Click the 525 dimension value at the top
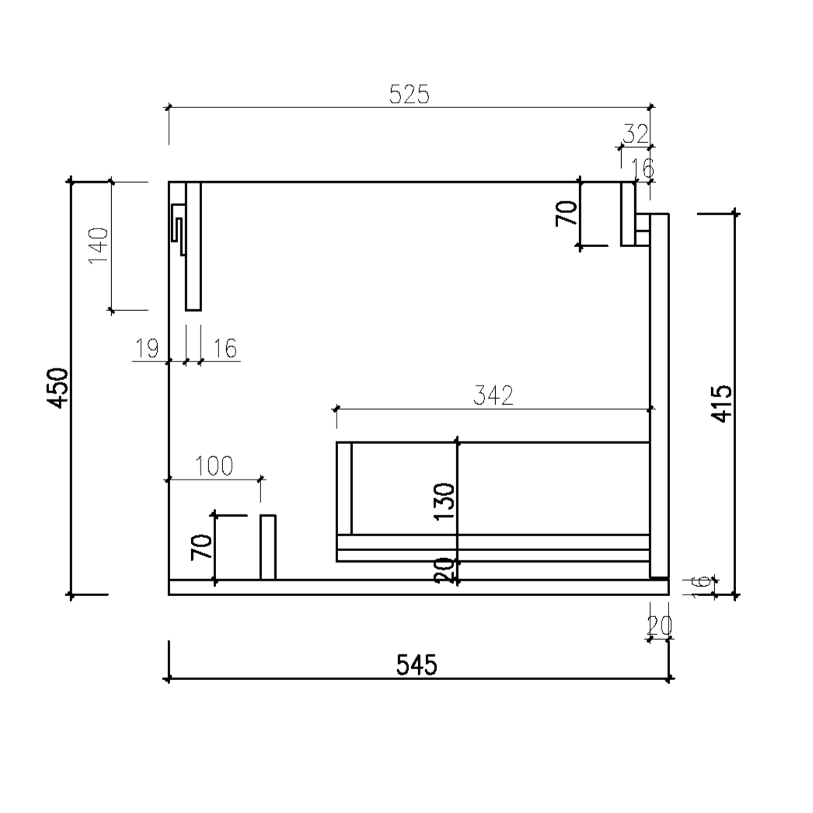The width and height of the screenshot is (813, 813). coord(409,94)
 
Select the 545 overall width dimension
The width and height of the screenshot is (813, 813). coord(417,665)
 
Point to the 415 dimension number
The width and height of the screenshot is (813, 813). coord(721,403)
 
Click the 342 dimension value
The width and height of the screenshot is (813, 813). coord(494,396)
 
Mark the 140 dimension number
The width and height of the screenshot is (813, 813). coord(98,246)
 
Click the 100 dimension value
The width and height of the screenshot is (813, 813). coord(214,466)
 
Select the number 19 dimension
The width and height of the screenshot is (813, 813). coord(148,349)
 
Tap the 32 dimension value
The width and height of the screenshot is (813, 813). coord(636,134)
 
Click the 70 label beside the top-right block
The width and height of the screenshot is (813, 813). coord(567,212)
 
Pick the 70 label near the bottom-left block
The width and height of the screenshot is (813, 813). coord(201,548)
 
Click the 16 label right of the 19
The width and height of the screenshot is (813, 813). coord(225,349)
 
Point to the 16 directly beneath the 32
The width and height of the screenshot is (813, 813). coord(642,167)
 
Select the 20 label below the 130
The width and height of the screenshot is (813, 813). coord(444,570)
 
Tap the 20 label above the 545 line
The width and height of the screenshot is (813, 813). coord(660,625)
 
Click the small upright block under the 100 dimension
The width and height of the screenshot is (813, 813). coord(267,547)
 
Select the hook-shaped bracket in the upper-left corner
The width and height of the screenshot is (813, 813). coord(178,230)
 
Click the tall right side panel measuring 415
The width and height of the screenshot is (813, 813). coord(659,396)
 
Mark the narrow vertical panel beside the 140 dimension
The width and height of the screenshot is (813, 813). coord(194,246)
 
